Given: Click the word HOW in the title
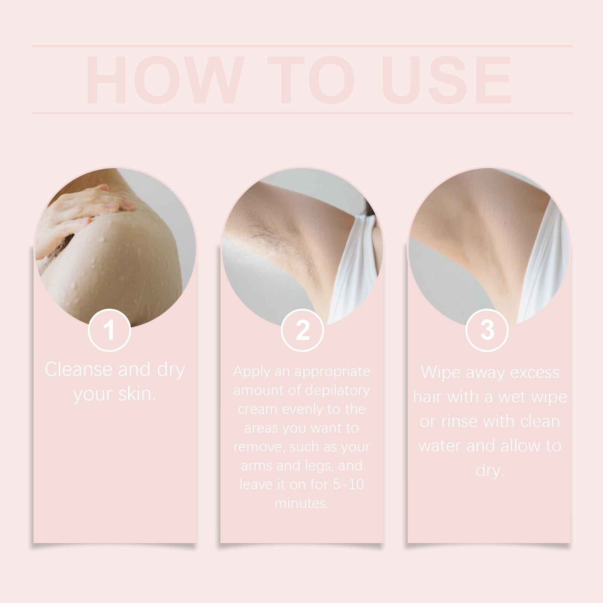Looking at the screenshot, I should click(x=163, y=80).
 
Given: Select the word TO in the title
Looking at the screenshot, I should click(x=312, y=80).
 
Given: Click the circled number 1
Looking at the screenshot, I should click(x=109, y=330).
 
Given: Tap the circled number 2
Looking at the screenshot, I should click(x=302, y=330).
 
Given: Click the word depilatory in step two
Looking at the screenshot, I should click(x=337, y=390).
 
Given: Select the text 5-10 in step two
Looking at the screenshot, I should click(x=349, y=484).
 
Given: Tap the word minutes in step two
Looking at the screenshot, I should click(x=301, y=503).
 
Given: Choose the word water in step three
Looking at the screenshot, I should click(x=440, y=446).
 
